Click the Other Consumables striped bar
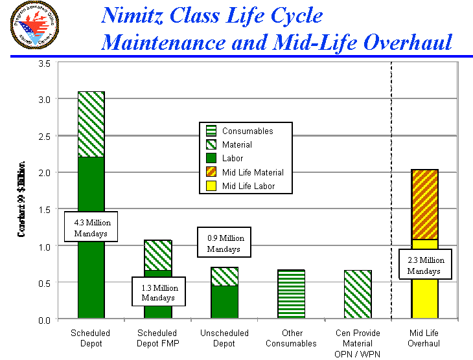[x=291, y=294]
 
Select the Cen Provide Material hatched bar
[x=358, y=294]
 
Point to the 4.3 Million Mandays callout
[x=91, y=227]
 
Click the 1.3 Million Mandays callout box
[x=159, y=293]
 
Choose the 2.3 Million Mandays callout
[x=426, y=265]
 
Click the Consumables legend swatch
[x=211, y=131]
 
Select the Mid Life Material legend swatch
[x=211, y=172]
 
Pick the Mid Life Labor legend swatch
[x=211, y=186]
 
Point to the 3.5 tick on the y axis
[x=45, y=63]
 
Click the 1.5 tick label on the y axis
[x=45, y=210]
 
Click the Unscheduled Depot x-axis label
[x=224, y=338]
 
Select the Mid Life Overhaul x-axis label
[x=424, y=338]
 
